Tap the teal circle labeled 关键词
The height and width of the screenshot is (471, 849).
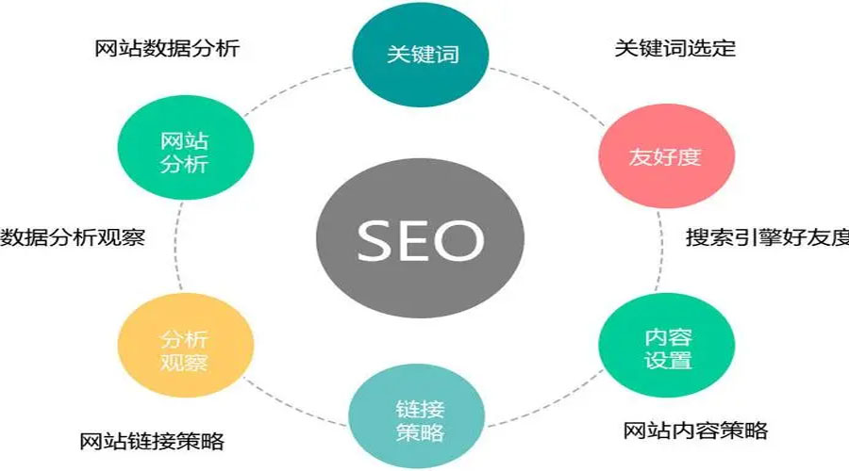[x=422, y=53]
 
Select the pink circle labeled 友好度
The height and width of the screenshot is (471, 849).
[x=664, y=156]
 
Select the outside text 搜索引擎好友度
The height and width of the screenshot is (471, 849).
[x=767, y=237]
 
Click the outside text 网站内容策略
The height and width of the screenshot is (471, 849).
[x=695, y=431]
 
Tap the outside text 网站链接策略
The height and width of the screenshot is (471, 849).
[x=152, y=441]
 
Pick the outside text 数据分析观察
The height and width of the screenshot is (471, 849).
[x=73, y=237]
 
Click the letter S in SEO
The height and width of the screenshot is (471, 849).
[x=374, y=242]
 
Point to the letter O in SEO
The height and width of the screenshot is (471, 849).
[x=461, y=242]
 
